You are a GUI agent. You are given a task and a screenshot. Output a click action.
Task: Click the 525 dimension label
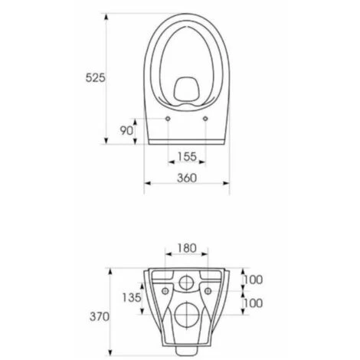pyautogui.click(x=95, y=77)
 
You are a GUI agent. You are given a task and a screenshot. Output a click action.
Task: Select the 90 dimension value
pyautogui.click(x=126, y=131)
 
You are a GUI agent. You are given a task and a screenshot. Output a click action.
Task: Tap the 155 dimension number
pyautogui.click(x=187, y=156)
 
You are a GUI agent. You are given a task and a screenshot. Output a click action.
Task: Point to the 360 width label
pyautogui.click(x=187, y=178)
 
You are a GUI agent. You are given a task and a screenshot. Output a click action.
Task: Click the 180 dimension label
pyautogui.click(x=187, y=248)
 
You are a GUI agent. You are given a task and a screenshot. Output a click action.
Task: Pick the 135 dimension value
pyautogui.click(x=132, y=297)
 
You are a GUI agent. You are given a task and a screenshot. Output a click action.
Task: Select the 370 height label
pyautogui.click(x=100, y=317)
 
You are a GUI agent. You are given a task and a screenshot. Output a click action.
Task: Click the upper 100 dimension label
pyautogui.click(x=253, y=280)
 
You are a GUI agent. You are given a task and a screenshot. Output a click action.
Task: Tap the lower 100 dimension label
pyautogui.click(x=253, y=303)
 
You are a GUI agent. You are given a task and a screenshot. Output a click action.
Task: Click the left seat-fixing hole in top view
pyautogui.click(x=168, y=119)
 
